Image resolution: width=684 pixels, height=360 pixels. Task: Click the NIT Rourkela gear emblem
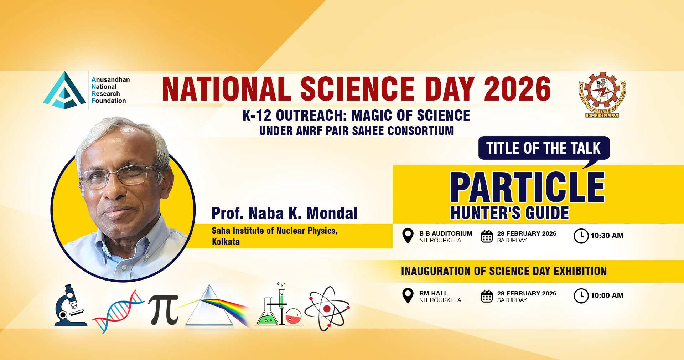tap(602, 93)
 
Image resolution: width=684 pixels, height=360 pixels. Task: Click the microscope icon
tap(70, 306)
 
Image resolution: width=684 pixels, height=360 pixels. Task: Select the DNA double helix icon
tap(117, 311)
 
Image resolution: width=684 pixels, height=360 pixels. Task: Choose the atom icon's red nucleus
tap(327, 309)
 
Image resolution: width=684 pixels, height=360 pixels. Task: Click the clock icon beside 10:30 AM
tap(581, 236)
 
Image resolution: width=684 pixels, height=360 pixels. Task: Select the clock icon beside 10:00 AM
tap(581, 296)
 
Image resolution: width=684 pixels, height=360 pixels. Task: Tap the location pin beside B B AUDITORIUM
tap(408, 236)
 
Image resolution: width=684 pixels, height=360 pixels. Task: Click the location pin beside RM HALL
tap(408, 295)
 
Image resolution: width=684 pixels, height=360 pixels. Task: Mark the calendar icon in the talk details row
tap(487, 236)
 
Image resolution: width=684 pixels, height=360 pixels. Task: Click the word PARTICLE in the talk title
tap(528, 187)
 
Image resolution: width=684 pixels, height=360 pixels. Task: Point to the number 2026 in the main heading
tap(517, 89)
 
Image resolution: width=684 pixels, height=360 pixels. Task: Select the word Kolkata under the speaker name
tap(226, 242)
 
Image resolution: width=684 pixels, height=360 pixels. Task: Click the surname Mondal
tap(332, 214)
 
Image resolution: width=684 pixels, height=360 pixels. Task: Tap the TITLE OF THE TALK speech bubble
tap(544, 148)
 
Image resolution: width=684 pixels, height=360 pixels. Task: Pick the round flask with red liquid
tap(294, 317)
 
